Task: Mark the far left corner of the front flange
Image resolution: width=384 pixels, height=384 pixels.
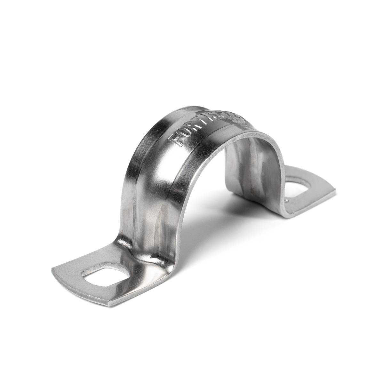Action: tap(53, 268)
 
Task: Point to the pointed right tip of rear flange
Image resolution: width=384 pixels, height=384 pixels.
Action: tap(335, 191)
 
